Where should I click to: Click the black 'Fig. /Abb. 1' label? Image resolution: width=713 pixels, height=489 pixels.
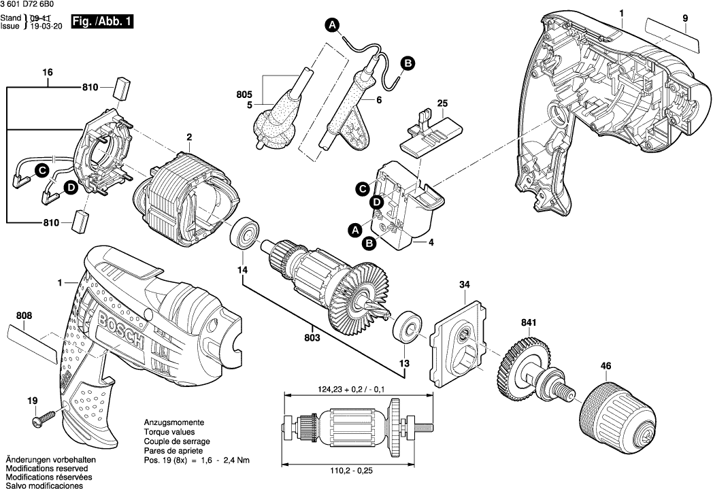tap(101, 22)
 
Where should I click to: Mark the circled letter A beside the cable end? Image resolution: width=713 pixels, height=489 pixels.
tap(333, 26)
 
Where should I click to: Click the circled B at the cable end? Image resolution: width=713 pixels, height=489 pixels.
tap(408, 63)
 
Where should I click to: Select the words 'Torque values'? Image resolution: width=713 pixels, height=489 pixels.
tap(170, 432)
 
